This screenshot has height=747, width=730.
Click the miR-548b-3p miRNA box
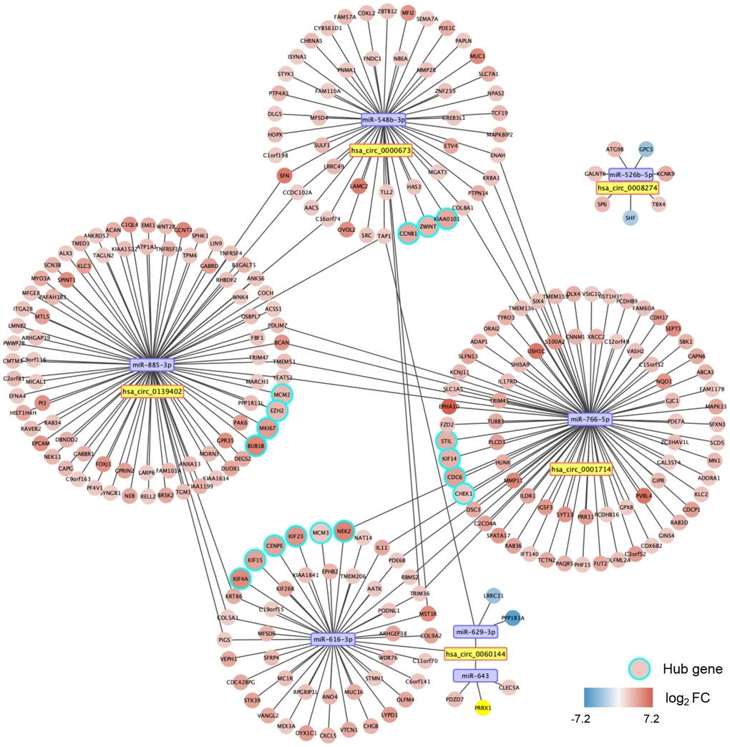[x=384, y=120]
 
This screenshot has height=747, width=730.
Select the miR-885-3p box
[x=152, y=365]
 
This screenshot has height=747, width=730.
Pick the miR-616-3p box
[x=332, y=638]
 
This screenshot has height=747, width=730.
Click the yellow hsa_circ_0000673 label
[x=380, y=150]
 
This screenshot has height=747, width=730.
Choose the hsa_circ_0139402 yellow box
[x=152, y=392]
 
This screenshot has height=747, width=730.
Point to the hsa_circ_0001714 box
[x=581, y=469]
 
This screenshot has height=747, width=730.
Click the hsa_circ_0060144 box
[x=475, y=653]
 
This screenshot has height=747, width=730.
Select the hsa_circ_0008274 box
[x=628, y=188]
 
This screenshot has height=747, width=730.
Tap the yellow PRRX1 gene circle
[x=482, y=708]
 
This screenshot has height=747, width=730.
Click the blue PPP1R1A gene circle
[x=512, y=617]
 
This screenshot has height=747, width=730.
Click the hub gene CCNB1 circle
[x=408, y=233]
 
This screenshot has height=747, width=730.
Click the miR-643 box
[x=474, y=675]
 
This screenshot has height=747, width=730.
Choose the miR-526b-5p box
[x=631, y=173]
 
